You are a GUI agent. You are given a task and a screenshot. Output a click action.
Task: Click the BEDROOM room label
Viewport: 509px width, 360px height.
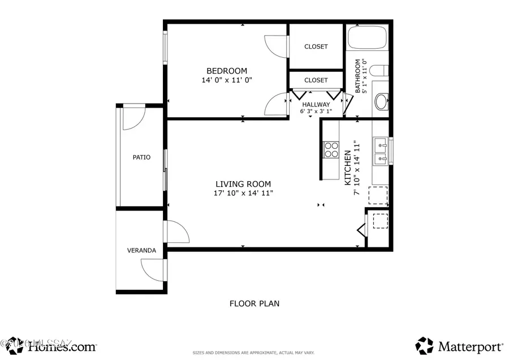(226, 71)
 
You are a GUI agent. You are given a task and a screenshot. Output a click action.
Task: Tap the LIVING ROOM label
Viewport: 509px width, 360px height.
(243, 184)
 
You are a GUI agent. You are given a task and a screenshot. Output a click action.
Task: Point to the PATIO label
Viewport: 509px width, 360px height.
(141, 157)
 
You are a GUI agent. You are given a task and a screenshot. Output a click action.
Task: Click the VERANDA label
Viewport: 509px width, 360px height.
(141, 250)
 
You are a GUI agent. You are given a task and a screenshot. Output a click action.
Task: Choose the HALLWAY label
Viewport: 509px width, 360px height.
(316, 105)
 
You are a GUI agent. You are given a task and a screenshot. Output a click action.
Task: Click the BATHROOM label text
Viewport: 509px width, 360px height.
(358, 76)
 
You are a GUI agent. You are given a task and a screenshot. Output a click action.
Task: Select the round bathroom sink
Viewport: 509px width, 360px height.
(382, 102)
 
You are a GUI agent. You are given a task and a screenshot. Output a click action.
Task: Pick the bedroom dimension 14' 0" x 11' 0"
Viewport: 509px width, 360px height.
(226, 80)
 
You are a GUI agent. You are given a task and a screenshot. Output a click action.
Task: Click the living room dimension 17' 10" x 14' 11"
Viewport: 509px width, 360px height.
(243, 194)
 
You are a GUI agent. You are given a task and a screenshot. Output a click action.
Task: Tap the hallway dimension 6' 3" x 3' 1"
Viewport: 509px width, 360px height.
(316, 111)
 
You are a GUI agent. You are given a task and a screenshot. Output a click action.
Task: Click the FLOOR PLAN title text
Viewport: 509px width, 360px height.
(254, 303)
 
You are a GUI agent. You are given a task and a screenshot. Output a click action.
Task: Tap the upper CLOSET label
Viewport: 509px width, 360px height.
(316, 46)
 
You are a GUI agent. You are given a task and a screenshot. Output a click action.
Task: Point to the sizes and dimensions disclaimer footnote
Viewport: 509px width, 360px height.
(254, 352)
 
